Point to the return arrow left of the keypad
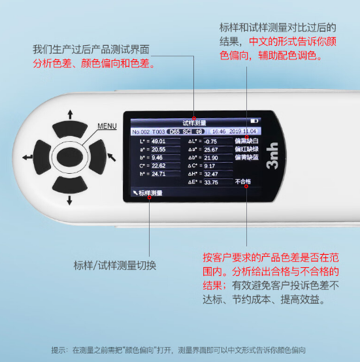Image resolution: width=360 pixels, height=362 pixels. pyautogui.click(x=27, y=157)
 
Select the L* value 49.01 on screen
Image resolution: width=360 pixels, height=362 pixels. pyautogui.click(x=157, y=141)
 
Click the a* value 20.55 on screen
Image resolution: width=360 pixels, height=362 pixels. pyautogui.click(x=157, y=149)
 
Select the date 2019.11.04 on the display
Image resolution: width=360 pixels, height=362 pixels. pyautogui.click(x=242, y=131)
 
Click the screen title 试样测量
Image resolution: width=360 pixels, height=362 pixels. pyautogui.click(x=194, y=122)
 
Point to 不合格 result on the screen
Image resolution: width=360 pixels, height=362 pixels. pyautogui.click(x=243, y=182)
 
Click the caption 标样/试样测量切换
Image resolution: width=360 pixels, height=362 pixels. pyautogui.click(x=115, y=266)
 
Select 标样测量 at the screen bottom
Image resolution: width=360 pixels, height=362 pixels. pyautogui.click(x=150, y=193)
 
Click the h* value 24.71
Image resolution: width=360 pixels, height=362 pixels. pyautogui.click(x=157, y=174)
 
